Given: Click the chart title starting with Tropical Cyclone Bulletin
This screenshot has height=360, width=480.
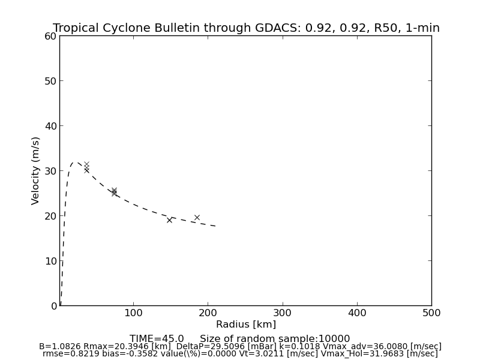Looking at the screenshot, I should pyautogui.click(x=246, y=28).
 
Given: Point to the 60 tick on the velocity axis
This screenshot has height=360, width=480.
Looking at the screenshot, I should pyautogui.click(x=50, y=36).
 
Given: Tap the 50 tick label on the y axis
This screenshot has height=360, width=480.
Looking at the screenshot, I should pyautogui.click(x=50, y=81).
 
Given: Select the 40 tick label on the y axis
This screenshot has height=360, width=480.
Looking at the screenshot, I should pyautogui.click(x=50, y=126).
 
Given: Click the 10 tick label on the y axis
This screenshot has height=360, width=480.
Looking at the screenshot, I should pyautogui.click(x=50, y=261).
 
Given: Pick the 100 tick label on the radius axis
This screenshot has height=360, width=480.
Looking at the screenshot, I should pyautogui.click(x=133, y=313).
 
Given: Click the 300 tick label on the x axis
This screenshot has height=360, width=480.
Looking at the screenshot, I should pyautogui.click(x=283, y=313).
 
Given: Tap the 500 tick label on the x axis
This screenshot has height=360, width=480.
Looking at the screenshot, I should pyautogui.click(x=431, y=313).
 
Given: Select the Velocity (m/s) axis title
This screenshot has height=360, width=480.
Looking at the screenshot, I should pyautogui.click(x=36, y=170).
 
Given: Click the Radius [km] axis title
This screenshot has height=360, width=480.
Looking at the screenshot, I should pyautogui.click(x=246, y=325).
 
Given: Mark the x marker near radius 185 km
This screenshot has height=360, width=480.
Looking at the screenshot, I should pyautogui.click(x=197, y=217).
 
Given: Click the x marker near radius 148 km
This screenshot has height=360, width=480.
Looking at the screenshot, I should pyautogui.click(x=169, y=220).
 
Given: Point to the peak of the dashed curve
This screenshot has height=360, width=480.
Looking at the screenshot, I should pyautogui.click(x=75, y=162).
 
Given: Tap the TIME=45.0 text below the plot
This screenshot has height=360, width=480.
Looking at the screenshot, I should pyautogui.click(x=157, y=339).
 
